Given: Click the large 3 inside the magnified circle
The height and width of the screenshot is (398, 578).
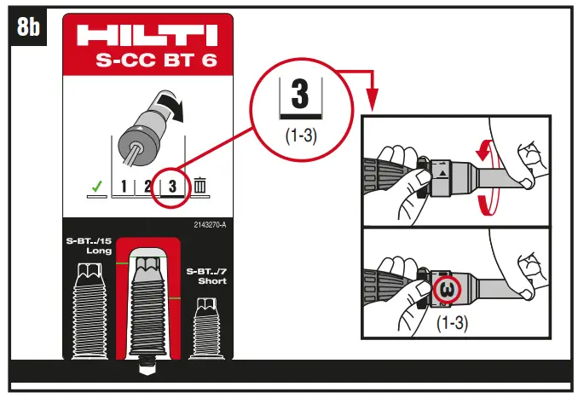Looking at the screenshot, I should [299, 95].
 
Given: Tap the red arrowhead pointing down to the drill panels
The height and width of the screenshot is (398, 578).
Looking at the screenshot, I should [373, 103].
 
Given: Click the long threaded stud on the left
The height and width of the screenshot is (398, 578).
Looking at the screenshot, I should [90, 311].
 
